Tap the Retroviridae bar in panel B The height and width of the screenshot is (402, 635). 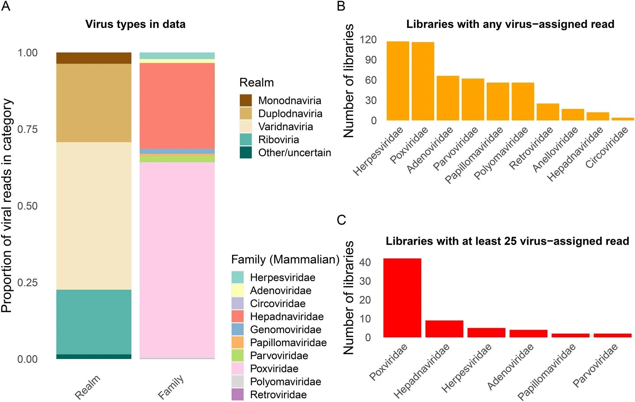tap(548, 112)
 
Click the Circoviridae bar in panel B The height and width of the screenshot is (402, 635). tap(623, 119)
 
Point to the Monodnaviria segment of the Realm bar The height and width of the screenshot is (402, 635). tap(94, 58)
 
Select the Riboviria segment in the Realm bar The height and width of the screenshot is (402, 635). tap(94, 322)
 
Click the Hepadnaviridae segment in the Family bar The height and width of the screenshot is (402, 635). tap(177, 106)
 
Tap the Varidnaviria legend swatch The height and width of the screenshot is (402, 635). tap(246, 127)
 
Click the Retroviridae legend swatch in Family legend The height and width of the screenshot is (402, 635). tap(237, 394)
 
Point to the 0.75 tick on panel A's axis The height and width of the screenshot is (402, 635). tap(27, 129)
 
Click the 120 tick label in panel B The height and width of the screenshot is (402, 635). tap(368, 40)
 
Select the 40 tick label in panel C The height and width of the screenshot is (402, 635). tap(365, 262)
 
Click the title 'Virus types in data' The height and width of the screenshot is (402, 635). tap(135, 24)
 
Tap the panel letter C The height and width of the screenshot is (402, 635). tap(341, 220)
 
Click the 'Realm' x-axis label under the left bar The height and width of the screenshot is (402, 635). tap(87, 387)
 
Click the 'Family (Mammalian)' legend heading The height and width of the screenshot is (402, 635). tap(285, 259)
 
